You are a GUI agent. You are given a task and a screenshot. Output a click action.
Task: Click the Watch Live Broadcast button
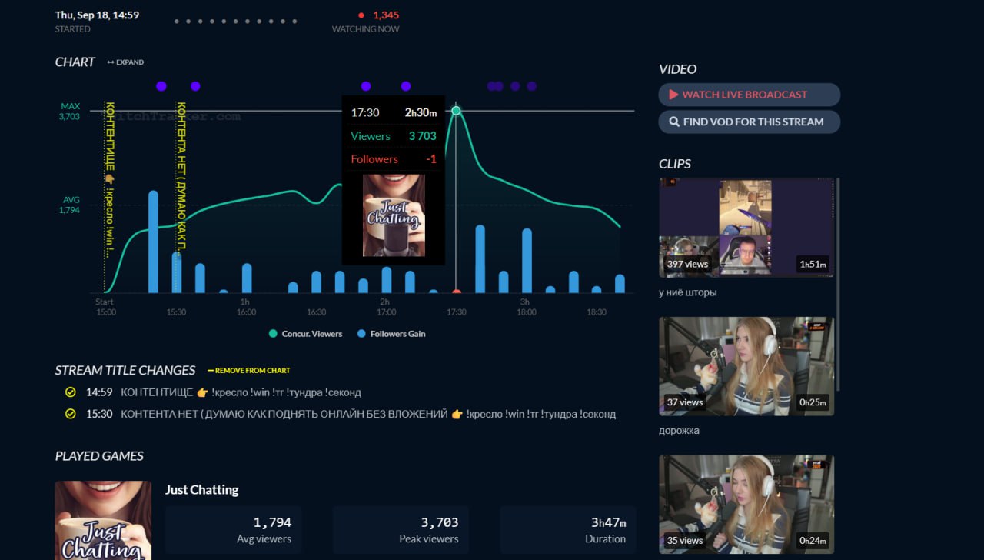[749, 95]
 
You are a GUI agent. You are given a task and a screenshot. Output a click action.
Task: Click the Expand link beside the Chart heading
[125, 62]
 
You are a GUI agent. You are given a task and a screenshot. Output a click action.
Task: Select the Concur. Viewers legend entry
[306, 334]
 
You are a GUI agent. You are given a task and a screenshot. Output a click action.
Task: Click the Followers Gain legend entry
[391, 334]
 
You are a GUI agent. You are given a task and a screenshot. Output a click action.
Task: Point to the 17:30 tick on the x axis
[457, 312]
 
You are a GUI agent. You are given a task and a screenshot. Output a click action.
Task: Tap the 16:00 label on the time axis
[246, 312]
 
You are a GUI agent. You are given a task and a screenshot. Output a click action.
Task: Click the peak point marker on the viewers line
[456, 111]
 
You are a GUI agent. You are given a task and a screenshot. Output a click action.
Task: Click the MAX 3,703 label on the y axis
[69, 112]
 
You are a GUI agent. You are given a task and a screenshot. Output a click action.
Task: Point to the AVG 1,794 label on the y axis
[69, 205]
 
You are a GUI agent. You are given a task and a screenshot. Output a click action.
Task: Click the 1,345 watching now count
[386, 15]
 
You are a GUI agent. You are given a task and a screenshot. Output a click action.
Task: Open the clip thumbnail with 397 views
[746, 228]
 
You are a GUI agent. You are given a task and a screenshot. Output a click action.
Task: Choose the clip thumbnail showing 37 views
[746, 366]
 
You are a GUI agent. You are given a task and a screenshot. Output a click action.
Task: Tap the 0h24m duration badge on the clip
[813, 540]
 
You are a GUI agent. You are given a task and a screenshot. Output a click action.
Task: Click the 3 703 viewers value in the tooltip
[422, 136]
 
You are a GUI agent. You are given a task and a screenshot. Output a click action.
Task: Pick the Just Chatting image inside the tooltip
[394, 215]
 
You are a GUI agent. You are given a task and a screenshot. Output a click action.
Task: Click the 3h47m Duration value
[608, 522]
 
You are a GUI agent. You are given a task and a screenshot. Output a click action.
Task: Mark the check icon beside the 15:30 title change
[71, 414]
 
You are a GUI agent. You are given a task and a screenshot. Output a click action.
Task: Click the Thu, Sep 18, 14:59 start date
[97, 15]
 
